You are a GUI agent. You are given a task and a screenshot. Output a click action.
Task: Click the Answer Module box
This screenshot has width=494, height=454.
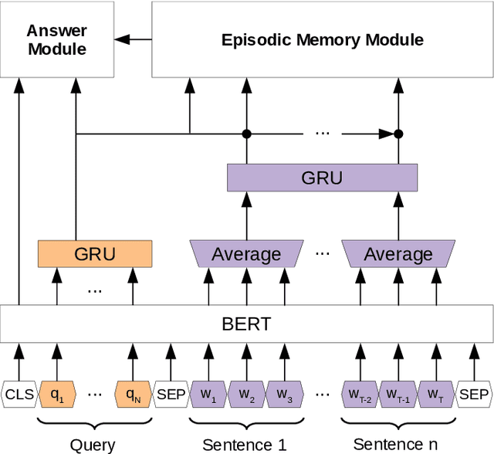(x=56, y=39)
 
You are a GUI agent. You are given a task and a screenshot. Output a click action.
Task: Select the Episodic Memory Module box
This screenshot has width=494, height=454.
(x=322, y=39)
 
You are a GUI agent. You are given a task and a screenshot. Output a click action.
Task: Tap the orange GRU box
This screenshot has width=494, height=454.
(x=95, y=253)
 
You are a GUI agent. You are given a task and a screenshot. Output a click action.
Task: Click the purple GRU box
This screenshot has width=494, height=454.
(x=322, y=178)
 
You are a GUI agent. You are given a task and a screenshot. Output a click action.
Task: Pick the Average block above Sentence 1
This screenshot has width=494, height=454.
(x=246, y=253)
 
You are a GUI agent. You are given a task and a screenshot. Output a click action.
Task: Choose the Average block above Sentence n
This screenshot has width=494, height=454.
(x=398, y=253)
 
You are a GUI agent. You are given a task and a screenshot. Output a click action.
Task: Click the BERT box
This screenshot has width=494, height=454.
(x=246, y=323)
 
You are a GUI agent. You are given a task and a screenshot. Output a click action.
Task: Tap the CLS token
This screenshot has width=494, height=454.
(x=19, y=394)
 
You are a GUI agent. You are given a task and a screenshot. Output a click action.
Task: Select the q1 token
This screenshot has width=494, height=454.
(x=56, y=394)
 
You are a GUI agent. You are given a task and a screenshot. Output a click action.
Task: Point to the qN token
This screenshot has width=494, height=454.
(x=133, y=394)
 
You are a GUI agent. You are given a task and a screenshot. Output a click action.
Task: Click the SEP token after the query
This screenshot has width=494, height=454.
(x=171, y=394)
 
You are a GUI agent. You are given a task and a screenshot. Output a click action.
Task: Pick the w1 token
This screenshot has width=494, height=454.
(x=208, y=394)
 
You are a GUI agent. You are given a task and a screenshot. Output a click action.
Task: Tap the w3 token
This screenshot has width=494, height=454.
(x=284, y=394)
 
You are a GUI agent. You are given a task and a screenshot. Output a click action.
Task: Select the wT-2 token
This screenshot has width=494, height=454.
(x=360, y=394)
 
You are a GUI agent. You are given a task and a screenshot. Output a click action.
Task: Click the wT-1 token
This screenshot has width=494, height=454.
(x=398, y=394)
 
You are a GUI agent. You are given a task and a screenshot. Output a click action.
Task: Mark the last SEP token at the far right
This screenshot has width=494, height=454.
(x=473, y=394)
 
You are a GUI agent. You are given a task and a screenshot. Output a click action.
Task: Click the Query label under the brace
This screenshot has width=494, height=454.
(x=93, y=444)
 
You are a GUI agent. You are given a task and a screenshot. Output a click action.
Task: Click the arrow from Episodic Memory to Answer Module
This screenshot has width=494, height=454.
(x=133, y=39)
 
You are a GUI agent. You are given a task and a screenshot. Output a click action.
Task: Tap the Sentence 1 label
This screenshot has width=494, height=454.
(x=245, y=444)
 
